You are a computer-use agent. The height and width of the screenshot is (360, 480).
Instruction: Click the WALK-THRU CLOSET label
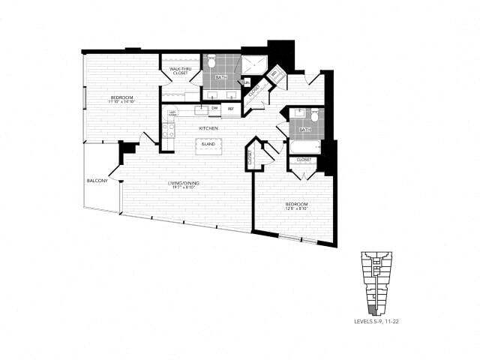pyautogui.click(x=178, y=71)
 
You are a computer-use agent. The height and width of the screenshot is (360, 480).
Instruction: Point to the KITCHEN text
pyautogui.click(x=208, y=129)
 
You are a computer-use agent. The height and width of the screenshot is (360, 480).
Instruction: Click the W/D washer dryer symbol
pyautogui.click(x=274, y=73)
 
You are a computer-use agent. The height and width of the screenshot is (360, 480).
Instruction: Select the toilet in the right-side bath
pyautogui.click(x=315, y=115)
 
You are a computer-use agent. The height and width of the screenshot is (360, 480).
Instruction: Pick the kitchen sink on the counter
pyautogui.click(x=201, y=109)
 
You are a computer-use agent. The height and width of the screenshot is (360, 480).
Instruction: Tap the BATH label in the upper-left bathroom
pyautogui.click(x=221, y=77)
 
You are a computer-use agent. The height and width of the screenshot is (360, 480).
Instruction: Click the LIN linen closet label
pyautogui.click(x=247, y=82)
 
